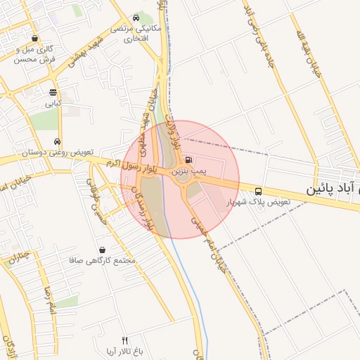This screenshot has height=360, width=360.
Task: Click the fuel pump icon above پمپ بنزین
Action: point(187,160)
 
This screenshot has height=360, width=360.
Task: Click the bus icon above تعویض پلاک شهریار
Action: point(259,191)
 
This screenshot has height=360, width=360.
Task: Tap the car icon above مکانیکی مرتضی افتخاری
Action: point(136,18)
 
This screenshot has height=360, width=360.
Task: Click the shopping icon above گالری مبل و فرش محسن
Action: point(34,39)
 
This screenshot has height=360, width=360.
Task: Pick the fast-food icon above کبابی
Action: point(53,92)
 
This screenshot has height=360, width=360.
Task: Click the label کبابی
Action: point(53,103)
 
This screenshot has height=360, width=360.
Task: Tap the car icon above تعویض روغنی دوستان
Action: point(57,141)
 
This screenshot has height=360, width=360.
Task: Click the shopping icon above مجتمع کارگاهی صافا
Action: point(103,249)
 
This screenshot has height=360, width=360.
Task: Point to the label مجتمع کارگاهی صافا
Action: point(102,260)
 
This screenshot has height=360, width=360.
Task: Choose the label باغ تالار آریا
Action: point(124,351)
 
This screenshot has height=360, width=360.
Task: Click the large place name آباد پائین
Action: point(333,190)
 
